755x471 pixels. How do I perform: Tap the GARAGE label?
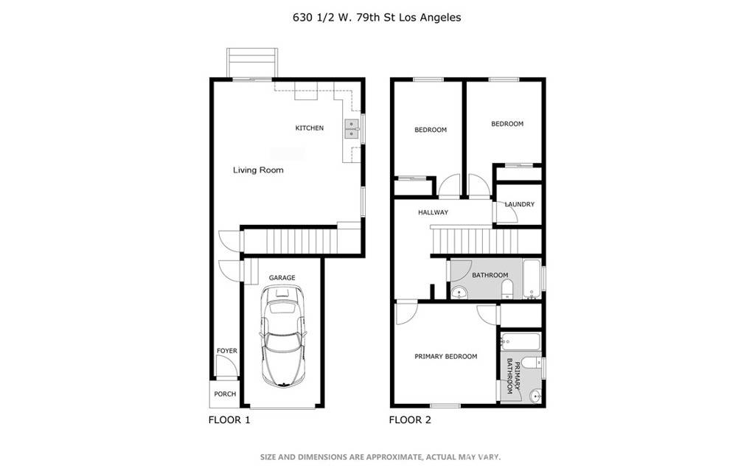coord(282,278)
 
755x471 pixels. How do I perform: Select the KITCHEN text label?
coord(309,128)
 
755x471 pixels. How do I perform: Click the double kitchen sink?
coord(351,130)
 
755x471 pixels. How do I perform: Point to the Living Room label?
coord(258,170)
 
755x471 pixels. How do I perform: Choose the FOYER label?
coord(226,351)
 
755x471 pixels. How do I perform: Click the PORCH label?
coord(225,394)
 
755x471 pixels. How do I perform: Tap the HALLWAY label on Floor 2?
coord(433,212)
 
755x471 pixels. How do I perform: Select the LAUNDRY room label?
coord(519,204)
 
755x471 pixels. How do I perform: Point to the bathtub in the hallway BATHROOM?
coord(532,279)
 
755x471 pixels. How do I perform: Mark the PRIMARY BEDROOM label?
coord(445,357)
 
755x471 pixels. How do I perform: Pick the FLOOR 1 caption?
coord(230,420)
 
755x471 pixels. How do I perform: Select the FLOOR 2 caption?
coord(410,420)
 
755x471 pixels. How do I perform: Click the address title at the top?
coord(377,17)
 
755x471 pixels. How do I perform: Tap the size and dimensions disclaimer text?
coord(377,457)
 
